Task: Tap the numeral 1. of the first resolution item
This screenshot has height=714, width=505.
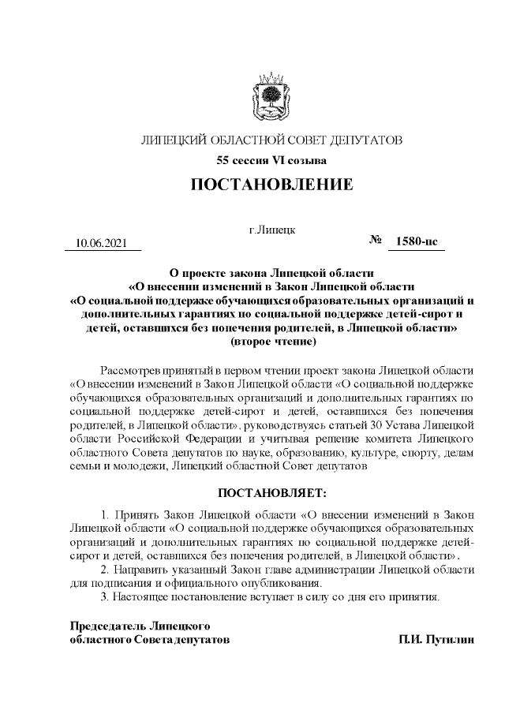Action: point(107,515)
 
